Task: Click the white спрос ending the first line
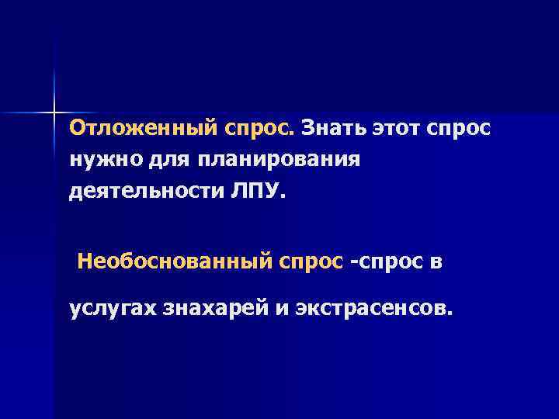point(459,127)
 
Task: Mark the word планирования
point(279,160)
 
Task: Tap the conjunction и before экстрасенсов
point(278,310)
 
